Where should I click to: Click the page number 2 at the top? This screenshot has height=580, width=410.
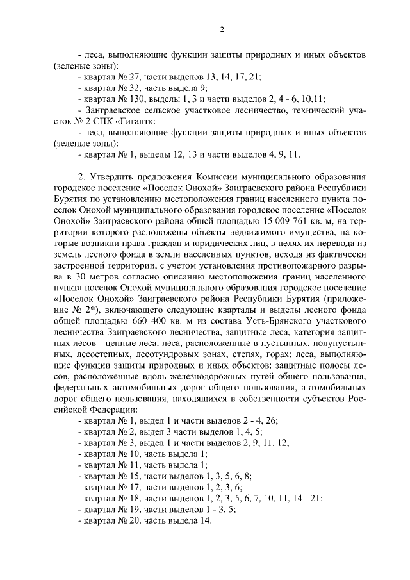[x=221, y=29]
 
